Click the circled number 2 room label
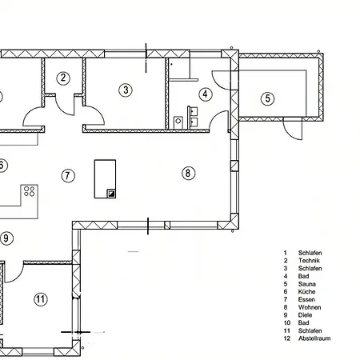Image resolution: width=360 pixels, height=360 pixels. tap(63, 78)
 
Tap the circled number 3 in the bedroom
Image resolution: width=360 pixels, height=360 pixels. tap(126, 90)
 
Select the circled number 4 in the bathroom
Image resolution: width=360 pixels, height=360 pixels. tap(206, 94)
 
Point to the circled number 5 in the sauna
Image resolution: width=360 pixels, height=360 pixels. tap(267, 98)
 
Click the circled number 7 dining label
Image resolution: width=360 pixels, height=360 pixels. tap(68, 175)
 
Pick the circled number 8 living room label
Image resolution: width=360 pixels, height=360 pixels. tap(189, 173)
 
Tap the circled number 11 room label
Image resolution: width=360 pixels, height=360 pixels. tap(41, 299)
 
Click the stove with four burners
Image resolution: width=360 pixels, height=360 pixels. tap(30, 191)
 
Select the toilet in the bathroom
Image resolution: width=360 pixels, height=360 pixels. tap(178, 122)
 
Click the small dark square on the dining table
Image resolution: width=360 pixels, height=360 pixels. tap(111, 194)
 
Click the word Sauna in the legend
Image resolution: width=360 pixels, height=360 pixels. tap(307, 284)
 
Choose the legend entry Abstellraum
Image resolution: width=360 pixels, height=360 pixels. tap(314, 338)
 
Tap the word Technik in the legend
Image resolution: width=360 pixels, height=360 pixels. tap(309, 261)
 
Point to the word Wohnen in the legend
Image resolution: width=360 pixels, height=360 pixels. tap(310, 307)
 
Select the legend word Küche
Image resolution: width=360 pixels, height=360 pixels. tap(306, 292)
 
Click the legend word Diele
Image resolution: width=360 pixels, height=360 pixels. tap(305, 315)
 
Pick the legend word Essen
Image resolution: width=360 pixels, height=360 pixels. tap(306, 299)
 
